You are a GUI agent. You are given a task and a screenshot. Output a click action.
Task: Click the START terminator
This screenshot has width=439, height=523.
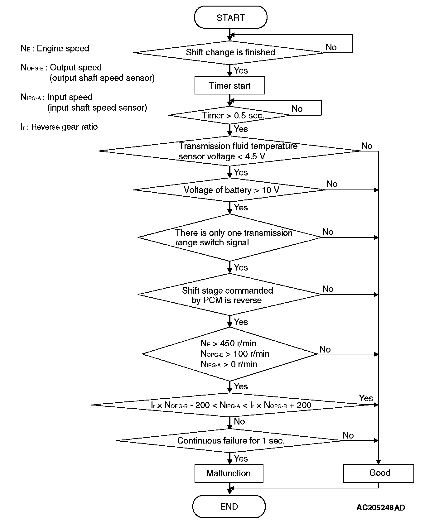tap(230, 18)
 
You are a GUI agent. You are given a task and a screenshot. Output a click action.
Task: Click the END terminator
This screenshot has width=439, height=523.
tap(229, 506)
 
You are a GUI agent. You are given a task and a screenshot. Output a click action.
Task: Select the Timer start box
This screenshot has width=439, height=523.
tap(230, 86)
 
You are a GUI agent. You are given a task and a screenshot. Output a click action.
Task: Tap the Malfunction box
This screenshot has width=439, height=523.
tap(229, 473)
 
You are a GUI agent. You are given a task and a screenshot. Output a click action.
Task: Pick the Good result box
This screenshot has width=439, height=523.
tap(379, 473)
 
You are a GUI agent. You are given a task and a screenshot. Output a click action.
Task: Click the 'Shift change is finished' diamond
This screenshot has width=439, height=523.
tap(230, 52)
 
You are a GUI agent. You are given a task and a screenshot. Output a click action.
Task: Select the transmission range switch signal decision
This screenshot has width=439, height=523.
tap(230, 238)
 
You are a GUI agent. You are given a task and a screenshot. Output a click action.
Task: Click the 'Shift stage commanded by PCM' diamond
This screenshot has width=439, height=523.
tap(230, 295)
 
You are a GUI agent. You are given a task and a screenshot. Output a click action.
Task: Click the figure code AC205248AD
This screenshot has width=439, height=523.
tap(381, 508)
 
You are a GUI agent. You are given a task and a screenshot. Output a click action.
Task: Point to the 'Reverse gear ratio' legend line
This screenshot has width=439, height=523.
tap(59, 127)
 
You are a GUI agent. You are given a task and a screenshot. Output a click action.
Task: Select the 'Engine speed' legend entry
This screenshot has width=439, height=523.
tap(55, 49)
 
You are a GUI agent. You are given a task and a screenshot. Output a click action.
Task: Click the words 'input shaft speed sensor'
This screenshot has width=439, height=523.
tap(97, 108)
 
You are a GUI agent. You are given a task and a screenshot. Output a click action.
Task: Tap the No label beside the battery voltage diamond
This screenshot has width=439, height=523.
tap(332, 184)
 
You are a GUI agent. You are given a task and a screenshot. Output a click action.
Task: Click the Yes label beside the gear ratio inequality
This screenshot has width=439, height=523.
tap(366, 398)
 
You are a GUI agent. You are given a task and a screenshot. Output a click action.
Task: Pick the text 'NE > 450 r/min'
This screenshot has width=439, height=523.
tap(229, 343)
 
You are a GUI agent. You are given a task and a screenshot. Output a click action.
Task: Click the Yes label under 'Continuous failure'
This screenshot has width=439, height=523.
tap(241, 458)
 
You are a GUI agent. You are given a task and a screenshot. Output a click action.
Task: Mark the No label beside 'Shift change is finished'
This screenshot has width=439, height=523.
tap(331, 47)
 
